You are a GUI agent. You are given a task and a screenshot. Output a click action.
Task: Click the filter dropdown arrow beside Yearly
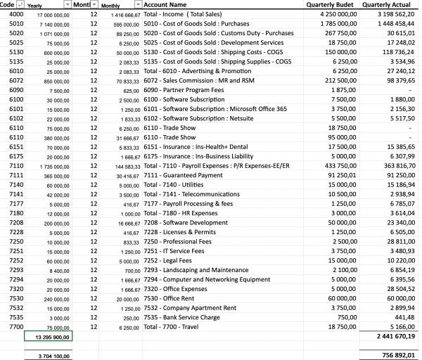pyautogui.click(x=68, y=5)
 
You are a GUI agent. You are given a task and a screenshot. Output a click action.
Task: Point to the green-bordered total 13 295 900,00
pyautogui.click(x=48, y=337)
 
